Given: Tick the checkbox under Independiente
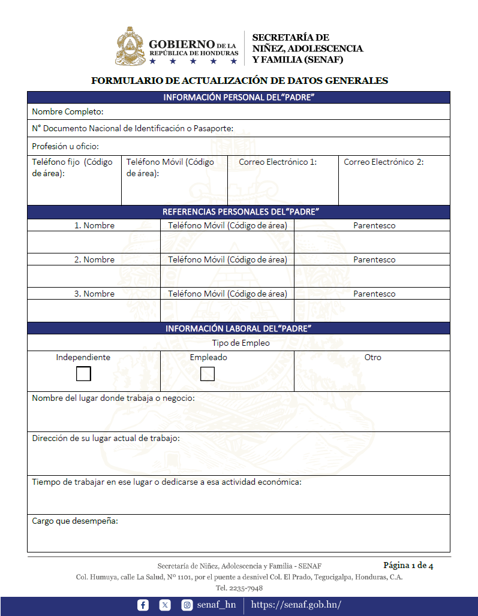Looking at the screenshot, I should (x=83, y=374).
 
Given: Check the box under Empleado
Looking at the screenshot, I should (x=207, y=374).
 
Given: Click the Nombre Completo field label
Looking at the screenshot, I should (x=68, y=111).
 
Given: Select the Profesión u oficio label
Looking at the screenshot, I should (x=65, y=146).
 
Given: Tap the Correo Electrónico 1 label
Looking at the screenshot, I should (x=278, y=162).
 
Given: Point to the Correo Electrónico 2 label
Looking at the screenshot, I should (x=384, y=162).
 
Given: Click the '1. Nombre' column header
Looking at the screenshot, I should (x=94, y=225).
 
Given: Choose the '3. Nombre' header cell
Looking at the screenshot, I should (x=94, y=294).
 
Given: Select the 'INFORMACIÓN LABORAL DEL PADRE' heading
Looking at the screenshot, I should (x=238, y=328).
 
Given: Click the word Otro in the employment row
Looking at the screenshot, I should (x=372, y=357).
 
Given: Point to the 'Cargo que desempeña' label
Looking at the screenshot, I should (x=75, y=521).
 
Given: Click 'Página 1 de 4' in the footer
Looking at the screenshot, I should (x=408, y=565).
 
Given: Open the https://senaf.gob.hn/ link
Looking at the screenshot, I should (x=296, y=605).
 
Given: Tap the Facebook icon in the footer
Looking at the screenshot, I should (x=143, y=605).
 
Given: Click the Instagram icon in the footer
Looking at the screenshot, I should (x=187, y=605).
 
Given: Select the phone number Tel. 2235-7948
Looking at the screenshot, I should (x=239, y=588).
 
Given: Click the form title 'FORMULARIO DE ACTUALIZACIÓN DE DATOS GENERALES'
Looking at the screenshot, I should (x=239, y=80).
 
